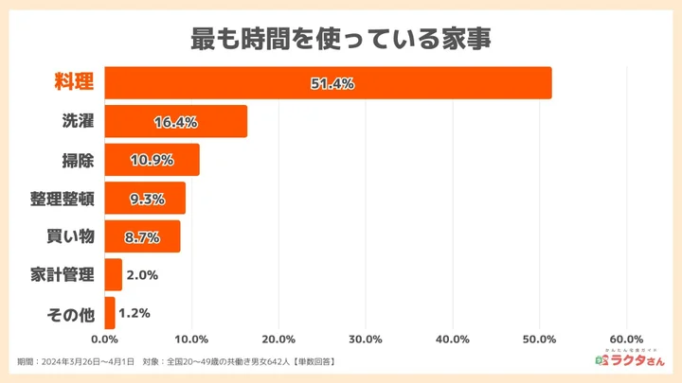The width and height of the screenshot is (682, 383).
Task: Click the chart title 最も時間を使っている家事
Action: pos(341,40)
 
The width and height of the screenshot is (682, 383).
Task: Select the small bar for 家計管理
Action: pos(113,275)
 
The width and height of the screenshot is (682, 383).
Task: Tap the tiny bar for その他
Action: pos(109,313)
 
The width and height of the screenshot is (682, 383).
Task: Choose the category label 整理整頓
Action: pos(63,199)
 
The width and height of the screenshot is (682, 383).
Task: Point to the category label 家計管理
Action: pos(63,275)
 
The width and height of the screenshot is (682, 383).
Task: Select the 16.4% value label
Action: pos(175,122)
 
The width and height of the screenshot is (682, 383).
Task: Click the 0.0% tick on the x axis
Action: pos(104,339)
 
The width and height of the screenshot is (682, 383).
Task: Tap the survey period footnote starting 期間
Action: pos(175,362)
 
